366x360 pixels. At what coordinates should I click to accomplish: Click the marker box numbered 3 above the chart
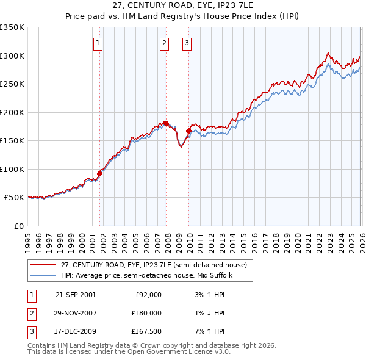187,43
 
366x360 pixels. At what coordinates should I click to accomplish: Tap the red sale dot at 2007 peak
166,124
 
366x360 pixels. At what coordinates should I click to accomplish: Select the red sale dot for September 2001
99,173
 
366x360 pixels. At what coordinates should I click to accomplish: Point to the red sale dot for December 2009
188,131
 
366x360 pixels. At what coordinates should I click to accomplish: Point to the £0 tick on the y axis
20,226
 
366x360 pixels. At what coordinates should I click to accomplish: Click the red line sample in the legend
43,265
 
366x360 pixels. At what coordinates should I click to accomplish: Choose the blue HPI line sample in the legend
43,276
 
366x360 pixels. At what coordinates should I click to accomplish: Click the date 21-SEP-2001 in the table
76,295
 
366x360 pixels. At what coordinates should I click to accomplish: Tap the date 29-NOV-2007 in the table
76,313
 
